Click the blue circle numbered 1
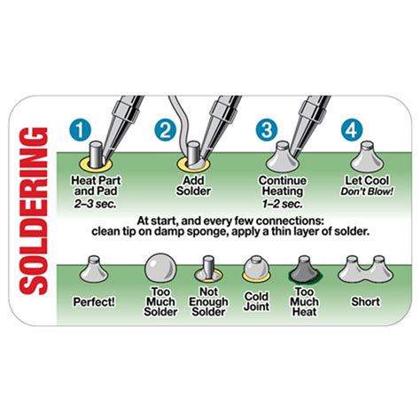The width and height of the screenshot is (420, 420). pos(80,129)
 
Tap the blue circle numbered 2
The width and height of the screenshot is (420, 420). pos(166,129)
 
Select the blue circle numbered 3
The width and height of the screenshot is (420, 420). pos(267,129)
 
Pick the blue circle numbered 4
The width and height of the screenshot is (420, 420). pos(352,129)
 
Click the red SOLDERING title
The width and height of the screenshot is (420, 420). pos(33,211)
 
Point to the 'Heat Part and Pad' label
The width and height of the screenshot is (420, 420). pos(96,186)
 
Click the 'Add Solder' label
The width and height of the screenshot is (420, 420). pos(193,186)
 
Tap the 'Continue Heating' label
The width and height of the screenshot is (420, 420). pos(283,186)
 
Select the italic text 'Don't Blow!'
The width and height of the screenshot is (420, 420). pos(367,191)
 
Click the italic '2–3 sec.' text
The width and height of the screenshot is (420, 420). pos(95,204)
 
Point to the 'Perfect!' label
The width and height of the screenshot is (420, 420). pos(94,302)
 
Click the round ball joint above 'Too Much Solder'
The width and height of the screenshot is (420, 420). pos(161,268)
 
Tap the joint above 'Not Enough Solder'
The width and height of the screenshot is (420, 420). pos(208,269)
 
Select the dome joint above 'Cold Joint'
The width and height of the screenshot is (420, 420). pos(256,268)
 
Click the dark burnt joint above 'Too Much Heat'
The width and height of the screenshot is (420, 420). pos(304,269)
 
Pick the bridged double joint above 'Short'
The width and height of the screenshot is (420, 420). pos(366,269)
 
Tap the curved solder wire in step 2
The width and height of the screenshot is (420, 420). pos(182,124)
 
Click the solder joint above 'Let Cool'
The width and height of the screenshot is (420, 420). pos(367,157)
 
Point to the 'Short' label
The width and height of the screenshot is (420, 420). pos(365,302)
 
